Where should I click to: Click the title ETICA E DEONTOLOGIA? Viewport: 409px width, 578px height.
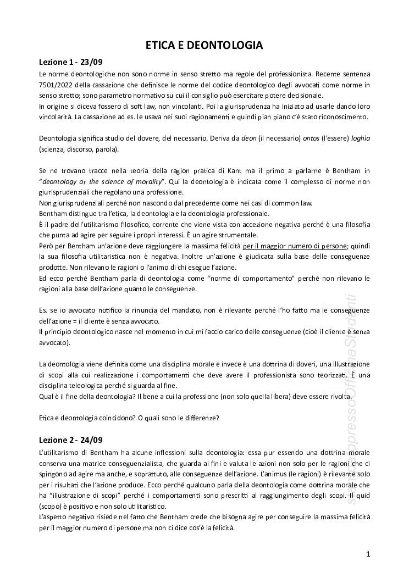click(x=204, y=46)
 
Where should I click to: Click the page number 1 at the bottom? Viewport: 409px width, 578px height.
click(x=368, y=554)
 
